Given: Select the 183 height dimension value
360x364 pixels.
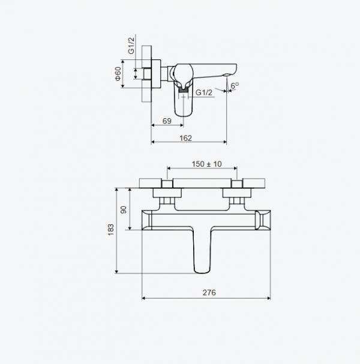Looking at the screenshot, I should (x=110, y=230).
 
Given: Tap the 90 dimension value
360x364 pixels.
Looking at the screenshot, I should (x=124, y=209).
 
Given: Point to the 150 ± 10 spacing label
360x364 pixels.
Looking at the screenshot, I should (x=206, y=164).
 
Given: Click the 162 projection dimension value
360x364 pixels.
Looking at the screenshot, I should (x=186, y=138).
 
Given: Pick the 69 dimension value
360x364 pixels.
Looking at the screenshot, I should (x=167, y=122).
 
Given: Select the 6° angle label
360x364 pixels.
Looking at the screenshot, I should (x=235, y=86).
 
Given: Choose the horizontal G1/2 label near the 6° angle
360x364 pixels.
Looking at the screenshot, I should (x=203, y=92).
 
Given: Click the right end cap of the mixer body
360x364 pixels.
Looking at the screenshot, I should (x=263, y=220).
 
